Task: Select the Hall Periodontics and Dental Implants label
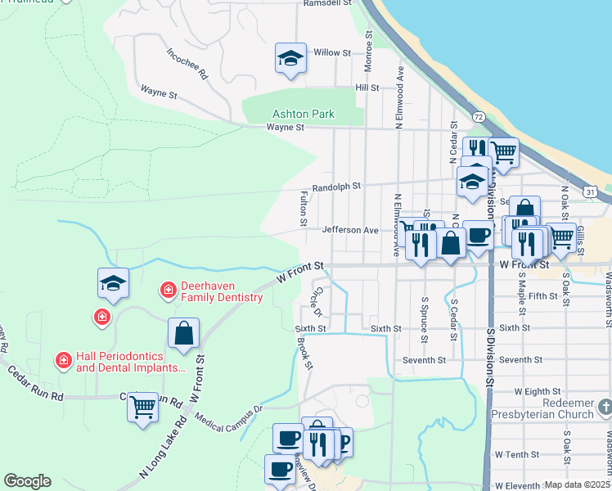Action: coord(131,362)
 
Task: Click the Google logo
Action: coord(27,481)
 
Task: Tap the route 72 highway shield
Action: coord(478,118)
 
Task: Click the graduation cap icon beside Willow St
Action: coord(290,58)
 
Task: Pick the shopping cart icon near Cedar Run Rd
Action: coord(143,404)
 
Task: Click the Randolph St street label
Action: coord(336,187)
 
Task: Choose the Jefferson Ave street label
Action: coord(349,230)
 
